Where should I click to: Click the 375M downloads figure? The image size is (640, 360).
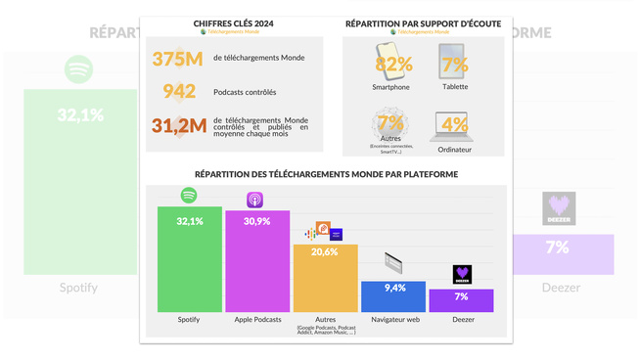click(x=177, y=59)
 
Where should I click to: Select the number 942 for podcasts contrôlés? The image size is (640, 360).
click(x=179, y=92)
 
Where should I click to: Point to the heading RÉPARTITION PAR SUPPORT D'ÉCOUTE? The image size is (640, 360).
click(x=423, y=22)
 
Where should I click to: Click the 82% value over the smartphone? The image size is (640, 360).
click(x=392, y=65)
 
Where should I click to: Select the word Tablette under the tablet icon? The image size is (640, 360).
click(x=454, y=87)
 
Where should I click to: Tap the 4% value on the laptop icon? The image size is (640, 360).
click(x=454, y=124)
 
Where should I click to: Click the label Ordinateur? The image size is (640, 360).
click(x=454, y=150)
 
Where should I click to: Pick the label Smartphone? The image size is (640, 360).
click(x=390, y=87)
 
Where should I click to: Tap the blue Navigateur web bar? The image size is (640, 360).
click(x=393, y=297)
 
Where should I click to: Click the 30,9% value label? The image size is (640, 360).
click(x=257, y=222)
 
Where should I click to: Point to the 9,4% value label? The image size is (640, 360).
click(x=393, y=289)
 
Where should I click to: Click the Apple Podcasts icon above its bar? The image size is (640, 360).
click(x=254, y=200)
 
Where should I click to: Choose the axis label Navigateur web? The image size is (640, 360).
click(x=395, y=320)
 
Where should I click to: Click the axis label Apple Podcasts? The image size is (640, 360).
click(x=257, y=320)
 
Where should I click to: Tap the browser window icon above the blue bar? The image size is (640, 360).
click(x=392, y=262)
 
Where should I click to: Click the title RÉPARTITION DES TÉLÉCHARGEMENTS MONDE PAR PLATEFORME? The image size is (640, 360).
click(x=326, y=174)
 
